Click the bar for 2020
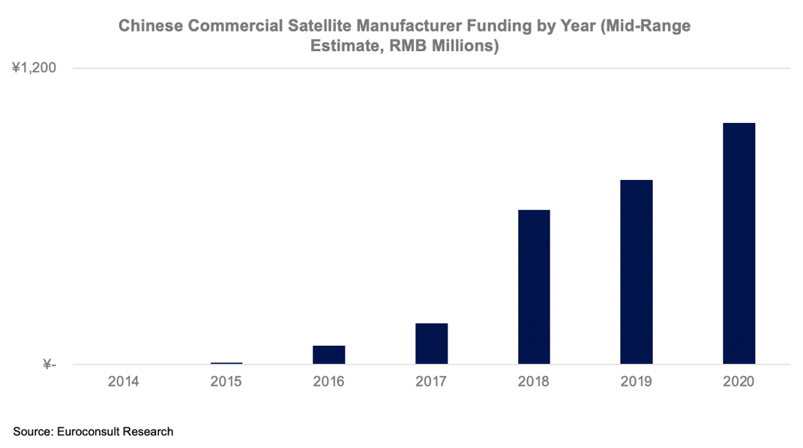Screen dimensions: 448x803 tap(739, 243)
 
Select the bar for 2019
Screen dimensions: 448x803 tap(636, 272)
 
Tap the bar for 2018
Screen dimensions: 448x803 tap(534, 287)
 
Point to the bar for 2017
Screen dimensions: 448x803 tap(431, 344)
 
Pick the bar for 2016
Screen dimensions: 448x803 tap(328, 355)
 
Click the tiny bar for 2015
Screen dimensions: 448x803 tap(226, 363)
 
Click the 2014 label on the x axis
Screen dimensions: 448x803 tap(123, 381)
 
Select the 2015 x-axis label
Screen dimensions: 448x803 tap(226, 381)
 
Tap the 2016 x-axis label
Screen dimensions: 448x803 tap(328, 381)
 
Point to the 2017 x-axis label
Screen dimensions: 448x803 tap(431, 381)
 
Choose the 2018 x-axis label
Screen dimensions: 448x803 tap(533, 381)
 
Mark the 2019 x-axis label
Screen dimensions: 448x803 tap(636, 381)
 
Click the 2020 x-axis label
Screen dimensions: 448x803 tap(739, 381)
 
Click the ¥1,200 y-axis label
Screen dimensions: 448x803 tap(34, 68)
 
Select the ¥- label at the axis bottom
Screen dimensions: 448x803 tap(49, 365)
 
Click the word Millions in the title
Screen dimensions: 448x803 tap(463, 46)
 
